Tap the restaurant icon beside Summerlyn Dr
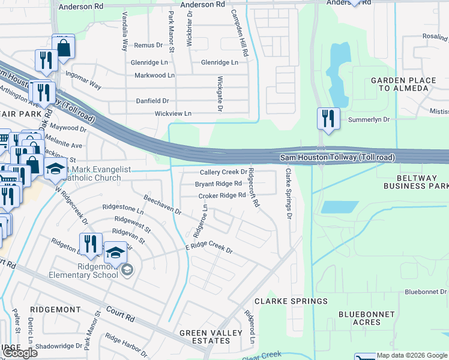point(328,118)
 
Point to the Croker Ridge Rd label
point(222,196)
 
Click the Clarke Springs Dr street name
point(289,193)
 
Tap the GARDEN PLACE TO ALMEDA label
point(399,84)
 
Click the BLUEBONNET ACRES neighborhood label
point(366,318)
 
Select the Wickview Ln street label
point(173,113)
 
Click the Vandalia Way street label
point(125,38)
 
